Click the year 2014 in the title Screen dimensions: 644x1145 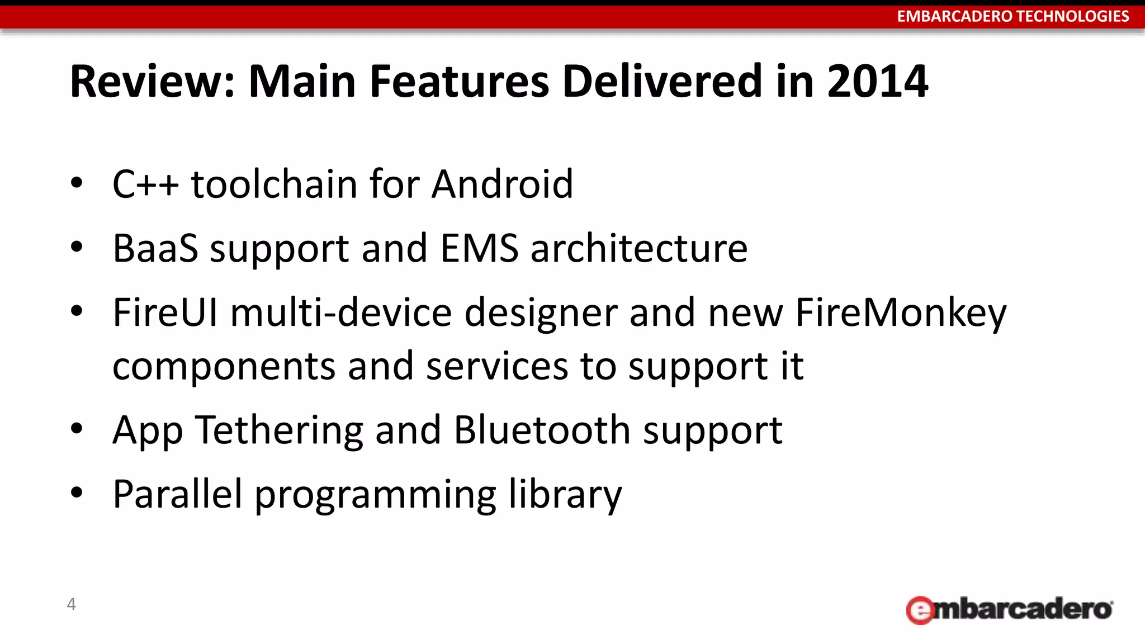click(877, 82)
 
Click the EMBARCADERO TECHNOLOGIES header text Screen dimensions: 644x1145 click(1012, 16)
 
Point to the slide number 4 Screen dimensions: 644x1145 click(71, 604)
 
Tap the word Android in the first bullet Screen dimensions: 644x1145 click(502, 184)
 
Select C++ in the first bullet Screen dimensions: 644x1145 click(145, 184)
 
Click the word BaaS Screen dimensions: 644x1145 click(155, 248)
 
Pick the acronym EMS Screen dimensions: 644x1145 click(479, 248)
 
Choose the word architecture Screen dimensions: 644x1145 click(638, 248)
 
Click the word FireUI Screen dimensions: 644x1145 click(165, 312)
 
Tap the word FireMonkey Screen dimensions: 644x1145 click(901, 312)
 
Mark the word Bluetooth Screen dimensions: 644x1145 click(542, 430)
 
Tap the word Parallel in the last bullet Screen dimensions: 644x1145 click(178, 494)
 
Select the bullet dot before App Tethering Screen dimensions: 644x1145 click(77, 429)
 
